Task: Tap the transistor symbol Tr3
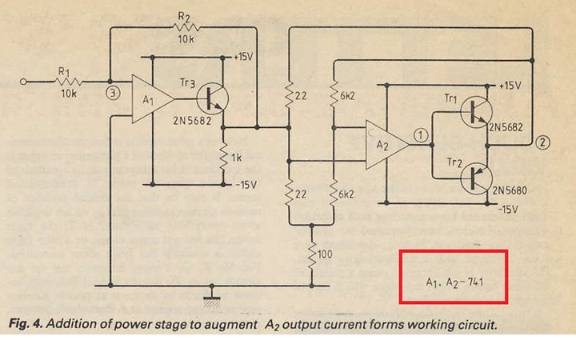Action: point(212,99)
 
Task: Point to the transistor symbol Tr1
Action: point(476,112)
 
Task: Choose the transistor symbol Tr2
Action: point(476,179)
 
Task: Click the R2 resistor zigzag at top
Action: point(186,27)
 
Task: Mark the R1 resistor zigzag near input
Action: point(68,82)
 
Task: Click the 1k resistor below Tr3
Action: point(223,158)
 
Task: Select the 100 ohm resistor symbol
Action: point(311,255)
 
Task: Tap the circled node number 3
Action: point(113,94)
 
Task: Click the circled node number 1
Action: point(421,135)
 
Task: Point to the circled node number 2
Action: point(543,142)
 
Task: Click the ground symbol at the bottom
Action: point(212,293)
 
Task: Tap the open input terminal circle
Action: point(23,82)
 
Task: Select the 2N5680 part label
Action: point(510,190)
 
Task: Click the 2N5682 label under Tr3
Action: point(192,121)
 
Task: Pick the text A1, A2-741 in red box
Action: point(454,282)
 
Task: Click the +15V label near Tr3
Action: point(243,57)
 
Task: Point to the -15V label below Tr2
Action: point(508,210)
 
